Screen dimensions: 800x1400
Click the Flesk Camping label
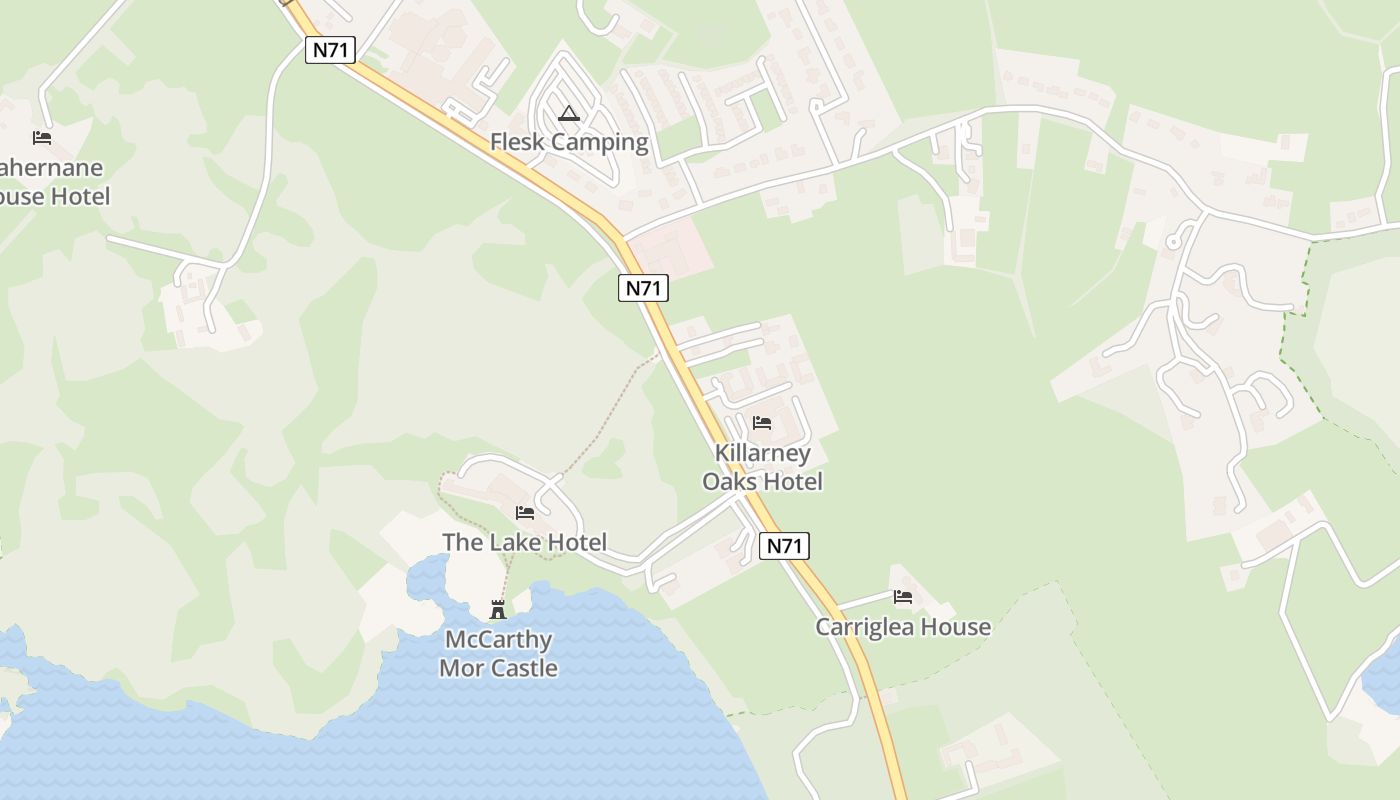569,142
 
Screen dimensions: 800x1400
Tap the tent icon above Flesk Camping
569,113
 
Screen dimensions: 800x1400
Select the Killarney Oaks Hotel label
762,467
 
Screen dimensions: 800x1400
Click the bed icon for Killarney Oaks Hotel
762,423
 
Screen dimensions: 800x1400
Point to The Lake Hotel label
524,542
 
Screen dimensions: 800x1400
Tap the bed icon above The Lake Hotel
524,513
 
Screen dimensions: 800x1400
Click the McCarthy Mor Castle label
498,654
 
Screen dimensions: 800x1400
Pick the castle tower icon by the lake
497,609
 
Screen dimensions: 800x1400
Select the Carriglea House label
902,627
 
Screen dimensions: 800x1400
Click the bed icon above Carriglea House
903,597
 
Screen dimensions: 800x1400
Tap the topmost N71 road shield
330,50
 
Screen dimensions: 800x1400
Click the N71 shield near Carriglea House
784,546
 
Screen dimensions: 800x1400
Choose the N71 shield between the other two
643,288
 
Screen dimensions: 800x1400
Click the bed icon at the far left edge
41,137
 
